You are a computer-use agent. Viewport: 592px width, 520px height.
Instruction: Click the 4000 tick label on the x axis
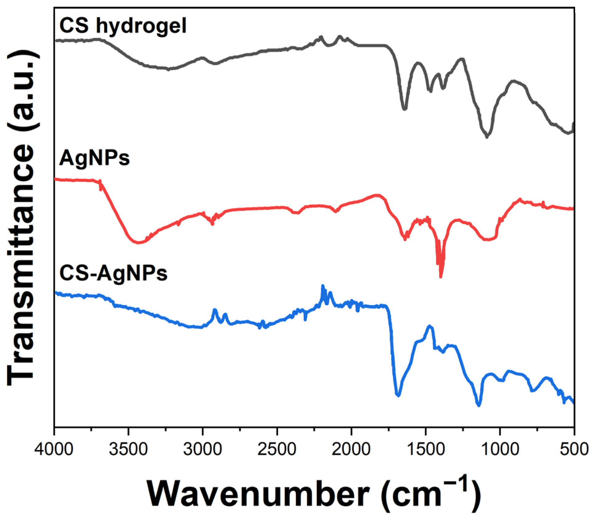(54, 449)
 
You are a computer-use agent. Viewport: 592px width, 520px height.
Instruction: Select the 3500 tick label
(128, 449)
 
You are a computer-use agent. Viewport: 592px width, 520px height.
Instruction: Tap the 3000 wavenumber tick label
(203, 449)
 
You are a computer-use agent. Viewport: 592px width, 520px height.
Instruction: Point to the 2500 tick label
(277, 449)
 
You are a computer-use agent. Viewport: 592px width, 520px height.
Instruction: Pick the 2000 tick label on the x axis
(351, 449)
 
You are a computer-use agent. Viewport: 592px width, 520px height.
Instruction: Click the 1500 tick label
(426, 449)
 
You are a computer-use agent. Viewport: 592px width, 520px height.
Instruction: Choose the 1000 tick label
(500, 449)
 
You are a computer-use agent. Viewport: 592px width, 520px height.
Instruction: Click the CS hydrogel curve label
(123, 26)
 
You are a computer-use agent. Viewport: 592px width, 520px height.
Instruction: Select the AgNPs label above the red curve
(95, 158)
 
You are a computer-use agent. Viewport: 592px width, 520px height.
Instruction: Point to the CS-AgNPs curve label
(113, 273)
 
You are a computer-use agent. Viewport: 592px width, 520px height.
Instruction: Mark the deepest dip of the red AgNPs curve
(441, 276)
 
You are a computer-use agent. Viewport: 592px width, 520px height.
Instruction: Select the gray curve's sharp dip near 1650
(405, 108)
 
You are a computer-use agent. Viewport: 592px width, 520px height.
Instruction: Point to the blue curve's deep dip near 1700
(398, 395)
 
